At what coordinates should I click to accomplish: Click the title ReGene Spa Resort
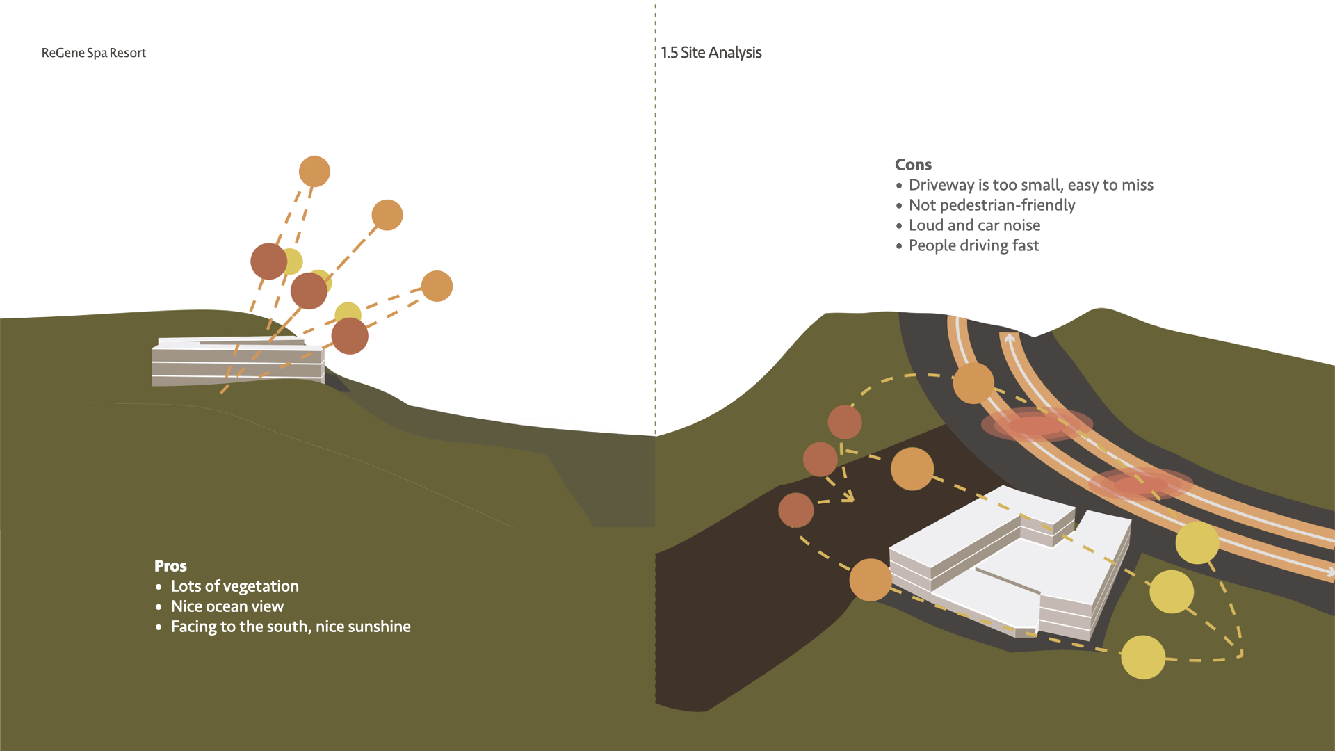pyautogui.click(x=94, y=53)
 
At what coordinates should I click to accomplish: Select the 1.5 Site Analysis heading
pyautogui.click(x=711, y=53)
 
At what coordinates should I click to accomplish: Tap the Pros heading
pyautogui.click(x=170, y=566)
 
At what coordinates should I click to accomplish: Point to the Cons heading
pyautogui.click(x=913, y=165)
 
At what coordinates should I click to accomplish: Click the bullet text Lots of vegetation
pyautogui.click(x=234, y=586)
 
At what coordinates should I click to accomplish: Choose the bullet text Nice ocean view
pyautogui.click(x=227, y=606)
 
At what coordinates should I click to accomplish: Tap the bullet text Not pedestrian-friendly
pyautogui.click(x=992, y=205)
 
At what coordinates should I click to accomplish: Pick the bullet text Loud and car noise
pyautogui.click(x=974, y=225)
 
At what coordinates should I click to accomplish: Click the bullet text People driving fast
pyautogui.click(x=973, y=245)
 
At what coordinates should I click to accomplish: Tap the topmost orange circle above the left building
pyautogui.click(x=314, y=172)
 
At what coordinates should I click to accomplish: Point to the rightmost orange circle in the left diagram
pyautogui.click(x=437, y=286)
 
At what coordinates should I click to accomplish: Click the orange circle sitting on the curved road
pyautogui.click(x=973, y=383)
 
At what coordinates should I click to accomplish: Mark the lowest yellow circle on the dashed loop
pyautogui.click(x=1143, y=657)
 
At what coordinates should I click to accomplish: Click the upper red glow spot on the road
pyautogui.click(x=1036, y=424)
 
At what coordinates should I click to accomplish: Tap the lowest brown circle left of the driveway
pyautogui.click(x=796, y=510)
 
